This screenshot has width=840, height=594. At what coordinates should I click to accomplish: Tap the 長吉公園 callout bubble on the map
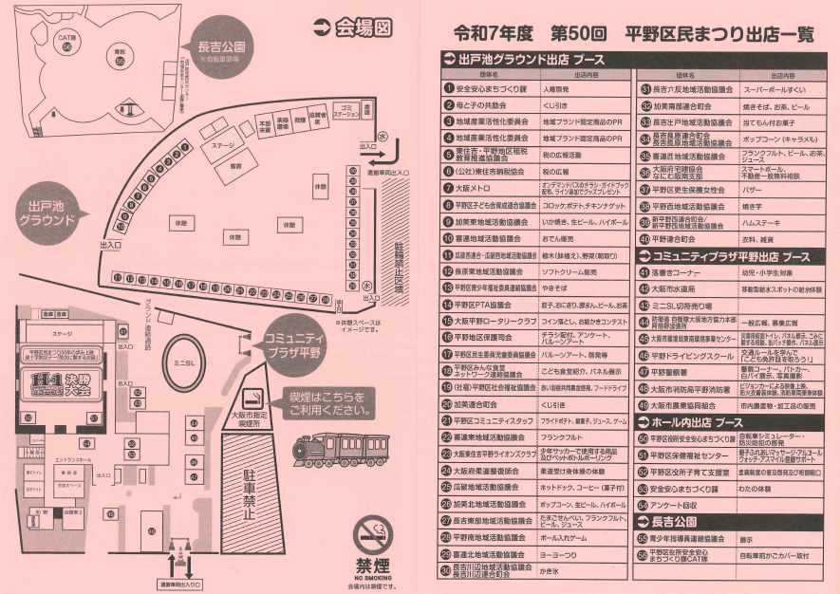(x=222, y=48)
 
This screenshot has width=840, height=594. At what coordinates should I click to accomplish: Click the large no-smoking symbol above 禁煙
(x=372, y=536)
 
